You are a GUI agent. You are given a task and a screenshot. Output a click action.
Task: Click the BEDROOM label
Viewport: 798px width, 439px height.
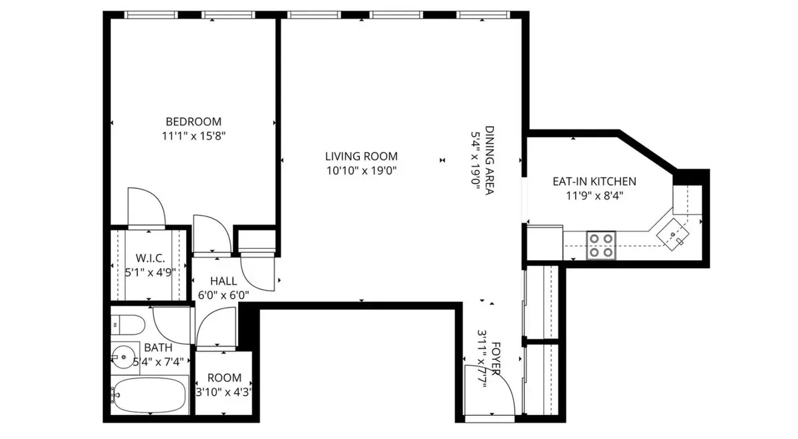[x=194, y=122]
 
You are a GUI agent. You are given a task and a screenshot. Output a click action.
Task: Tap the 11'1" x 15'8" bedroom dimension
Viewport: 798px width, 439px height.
[x=194, y=136]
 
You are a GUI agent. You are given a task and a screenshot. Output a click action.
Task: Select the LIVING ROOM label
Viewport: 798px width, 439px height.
[x=361, y=156]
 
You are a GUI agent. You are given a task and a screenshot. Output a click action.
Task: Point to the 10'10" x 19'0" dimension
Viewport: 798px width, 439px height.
[x=361, y=171]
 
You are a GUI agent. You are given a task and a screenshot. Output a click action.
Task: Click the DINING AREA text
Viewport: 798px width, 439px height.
[x=489, y=160]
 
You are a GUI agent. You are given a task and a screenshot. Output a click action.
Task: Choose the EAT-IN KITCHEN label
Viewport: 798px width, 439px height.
[x=595, y=182]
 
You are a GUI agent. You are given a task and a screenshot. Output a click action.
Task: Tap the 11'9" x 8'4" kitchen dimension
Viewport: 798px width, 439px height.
[x=595, y=196]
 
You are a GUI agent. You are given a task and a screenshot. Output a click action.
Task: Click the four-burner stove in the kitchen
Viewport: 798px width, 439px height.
[x=601, y=245]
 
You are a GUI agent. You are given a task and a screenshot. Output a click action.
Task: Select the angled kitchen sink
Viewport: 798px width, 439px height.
[x=672, y=234]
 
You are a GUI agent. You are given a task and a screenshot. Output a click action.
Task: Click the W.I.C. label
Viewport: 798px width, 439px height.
[x=150, y=258]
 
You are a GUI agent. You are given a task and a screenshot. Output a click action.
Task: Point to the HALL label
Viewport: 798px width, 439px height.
[x=223, y=281]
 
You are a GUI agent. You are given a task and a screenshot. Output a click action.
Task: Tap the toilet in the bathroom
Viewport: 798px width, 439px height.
[x=128, y=325]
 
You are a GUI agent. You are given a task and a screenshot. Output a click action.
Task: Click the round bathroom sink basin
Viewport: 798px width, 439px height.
[x=122, y=357]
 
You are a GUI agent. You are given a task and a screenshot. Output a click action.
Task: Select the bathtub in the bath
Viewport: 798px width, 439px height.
[x=150, y=395]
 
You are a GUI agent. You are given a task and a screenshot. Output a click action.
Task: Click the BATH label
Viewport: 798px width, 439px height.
[x=158, y=347]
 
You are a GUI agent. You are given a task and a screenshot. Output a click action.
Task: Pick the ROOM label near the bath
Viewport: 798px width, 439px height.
[x=224, y=377]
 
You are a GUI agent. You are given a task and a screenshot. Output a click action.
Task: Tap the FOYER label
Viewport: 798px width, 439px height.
[x=496, y=359]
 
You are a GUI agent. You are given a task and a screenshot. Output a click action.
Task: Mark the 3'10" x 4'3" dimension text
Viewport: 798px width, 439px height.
[x=224, y=392]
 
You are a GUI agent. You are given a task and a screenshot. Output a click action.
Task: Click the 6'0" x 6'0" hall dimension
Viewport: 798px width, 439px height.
[x=223, y=295]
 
